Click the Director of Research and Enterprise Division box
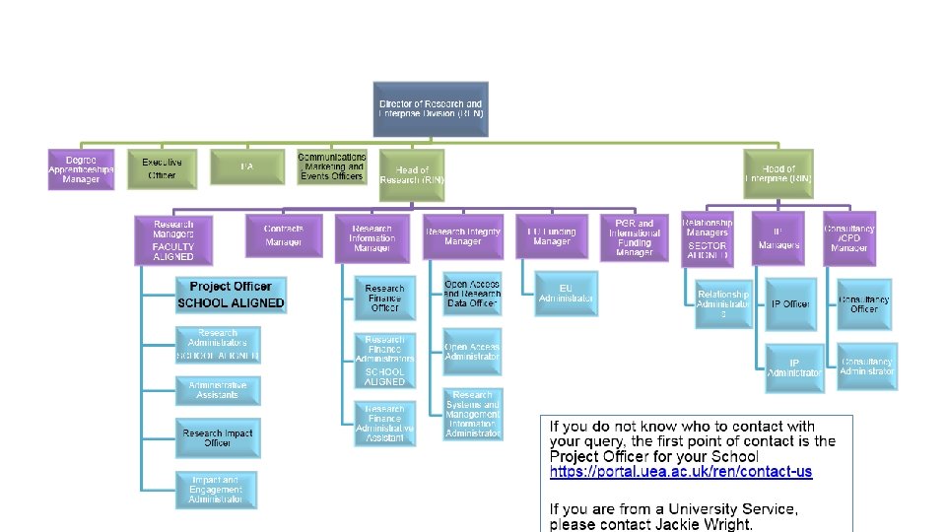point(432,108)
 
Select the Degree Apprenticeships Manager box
point(82,169)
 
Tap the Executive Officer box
point(162,168)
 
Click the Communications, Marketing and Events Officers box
point(332,166)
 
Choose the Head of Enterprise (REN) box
point(778,174)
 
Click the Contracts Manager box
point(284,234)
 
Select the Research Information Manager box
point(372,237)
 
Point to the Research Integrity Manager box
point(463,237)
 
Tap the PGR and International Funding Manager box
point(634,237)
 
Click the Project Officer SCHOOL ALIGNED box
point(231,295)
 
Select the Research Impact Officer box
point(218,437)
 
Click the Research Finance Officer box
point(384,299)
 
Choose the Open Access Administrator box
point(473,352)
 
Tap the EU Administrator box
point(566,294)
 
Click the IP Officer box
point(790,304)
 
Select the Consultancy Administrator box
point(866,366)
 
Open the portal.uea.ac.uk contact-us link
point(681,472)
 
